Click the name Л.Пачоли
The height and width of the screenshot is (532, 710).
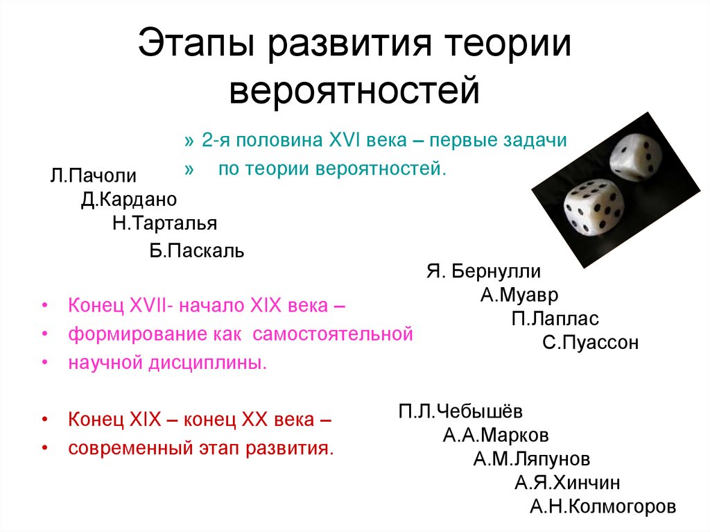pos(93,175)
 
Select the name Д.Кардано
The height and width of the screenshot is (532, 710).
pos(129,200)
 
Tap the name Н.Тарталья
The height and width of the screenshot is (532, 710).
pos(164,223)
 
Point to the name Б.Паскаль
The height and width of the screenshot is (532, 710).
pos(197,250)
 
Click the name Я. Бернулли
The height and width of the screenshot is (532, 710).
pos(483,271)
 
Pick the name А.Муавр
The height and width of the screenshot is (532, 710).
pos(519,294)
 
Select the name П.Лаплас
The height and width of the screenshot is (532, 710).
pos(555,318)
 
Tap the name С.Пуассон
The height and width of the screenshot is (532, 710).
pos(591,343)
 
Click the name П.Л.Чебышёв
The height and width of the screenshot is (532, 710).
pos(461,411)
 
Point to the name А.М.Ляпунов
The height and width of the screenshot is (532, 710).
pos(532,458)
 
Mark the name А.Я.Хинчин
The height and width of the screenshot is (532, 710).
pos(567,483)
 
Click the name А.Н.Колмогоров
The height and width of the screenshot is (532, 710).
pos(603,506)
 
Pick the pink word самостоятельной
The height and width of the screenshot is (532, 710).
pos(332,334)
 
